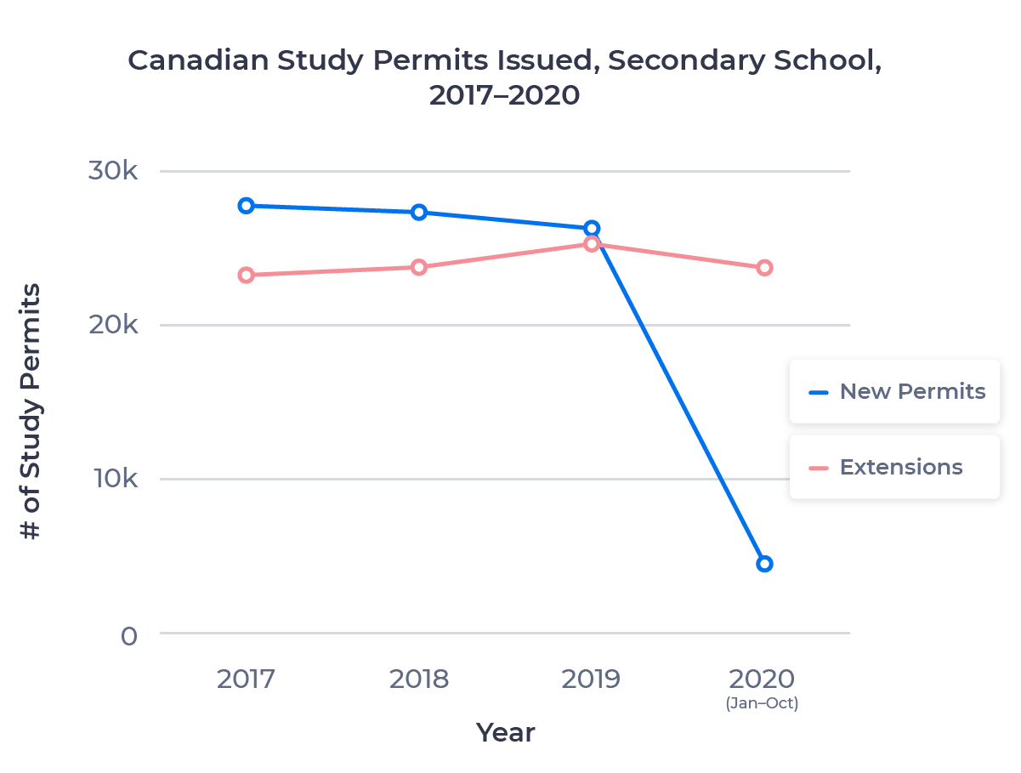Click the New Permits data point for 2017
(x=247, y=205)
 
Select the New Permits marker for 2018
(x=419, y=212)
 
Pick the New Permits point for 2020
(x=764, y=564)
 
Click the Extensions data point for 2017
(x=247, y=275)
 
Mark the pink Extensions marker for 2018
(x=419, y=267)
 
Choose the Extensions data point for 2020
(x=764, y=267)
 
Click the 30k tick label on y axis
(x=113, y=171)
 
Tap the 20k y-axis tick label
(x=113, y=325)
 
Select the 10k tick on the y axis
(x=113, y=479)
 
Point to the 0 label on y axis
(x=128, y=636)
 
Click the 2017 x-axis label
(x=246, y=679)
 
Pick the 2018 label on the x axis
(x=419, y=679)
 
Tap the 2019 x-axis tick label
(x=592, y=679)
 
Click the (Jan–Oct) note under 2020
(x=762, y=704)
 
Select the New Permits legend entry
(x=896, y=391)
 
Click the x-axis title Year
(x=505, y=732)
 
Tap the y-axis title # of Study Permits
(x=31, y=412)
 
